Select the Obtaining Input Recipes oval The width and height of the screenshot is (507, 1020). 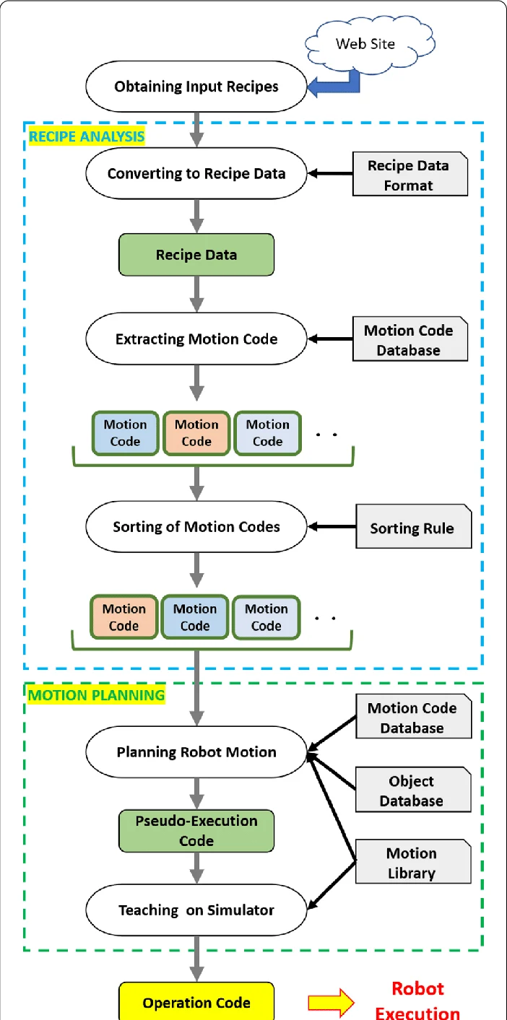[x=196, y=87]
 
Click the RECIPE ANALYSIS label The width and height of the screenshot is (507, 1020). [x=86, y=136]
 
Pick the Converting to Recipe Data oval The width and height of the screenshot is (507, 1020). [x=196, y=173]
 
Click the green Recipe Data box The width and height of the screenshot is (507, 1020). [x=196, y=254]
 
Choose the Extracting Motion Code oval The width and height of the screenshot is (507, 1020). [x=196, y=339]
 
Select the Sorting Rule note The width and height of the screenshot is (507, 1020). [x=412, y=528]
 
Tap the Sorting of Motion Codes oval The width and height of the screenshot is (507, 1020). [x=196, y=527]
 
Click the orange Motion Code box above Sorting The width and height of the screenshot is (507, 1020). [x=196, y=433]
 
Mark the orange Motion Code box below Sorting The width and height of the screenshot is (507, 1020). [x=123, y=617]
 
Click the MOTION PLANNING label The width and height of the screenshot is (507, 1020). [x=96, y=696]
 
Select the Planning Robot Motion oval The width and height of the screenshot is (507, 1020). [x=196, y=752]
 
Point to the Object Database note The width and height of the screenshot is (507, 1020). [x=412, y=790]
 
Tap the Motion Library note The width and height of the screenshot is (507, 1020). [x=412, y=863]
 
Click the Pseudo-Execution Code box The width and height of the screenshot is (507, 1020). [x=196, y=830]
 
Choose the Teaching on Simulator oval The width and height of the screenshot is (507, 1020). [x=196, y=910]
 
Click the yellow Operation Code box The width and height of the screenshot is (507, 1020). [x=196, y=1003]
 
